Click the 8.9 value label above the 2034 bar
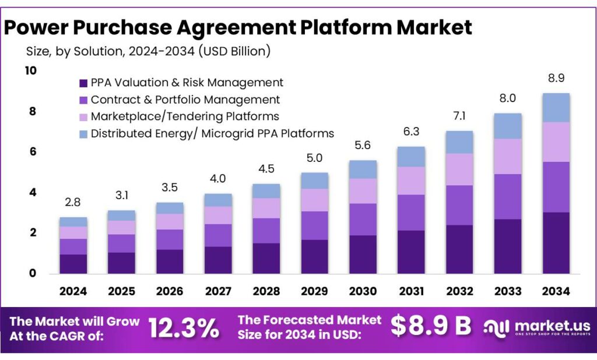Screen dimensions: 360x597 coord(556,79)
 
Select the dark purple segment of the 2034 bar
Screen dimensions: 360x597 coord(556,242)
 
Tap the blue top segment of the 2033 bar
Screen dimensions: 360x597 coord(507,126)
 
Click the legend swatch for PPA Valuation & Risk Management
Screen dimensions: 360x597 coord(83,83)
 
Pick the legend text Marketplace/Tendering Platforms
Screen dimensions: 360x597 coord(185,117)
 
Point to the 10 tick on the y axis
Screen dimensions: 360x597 coord(30,70)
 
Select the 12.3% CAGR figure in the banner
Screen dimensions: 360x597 coord(184,328)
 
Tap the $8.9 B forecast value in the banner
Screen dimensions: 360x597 coord(431,327)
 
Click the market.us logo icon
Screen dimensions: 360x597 coord(497,327)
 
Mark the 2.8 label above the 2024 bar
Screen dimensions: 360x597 coord(73,203)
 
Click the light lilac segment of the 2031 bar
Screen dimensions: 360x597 coord(410,181)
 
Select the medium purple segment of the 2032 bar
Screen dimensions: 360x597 coord(459,205)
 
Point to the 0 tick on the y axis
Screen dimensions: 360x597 coord(32,273)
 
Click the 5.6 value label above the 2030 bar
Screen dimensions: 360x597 coord(363,146)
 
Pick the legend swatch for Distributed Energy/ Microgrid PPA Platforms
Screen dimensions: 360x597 coord(83,133)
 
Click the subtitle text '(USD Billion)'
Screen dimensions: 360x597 coord(234,51)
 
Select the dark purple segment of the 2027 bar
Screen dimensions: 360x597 coord(217,260)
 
